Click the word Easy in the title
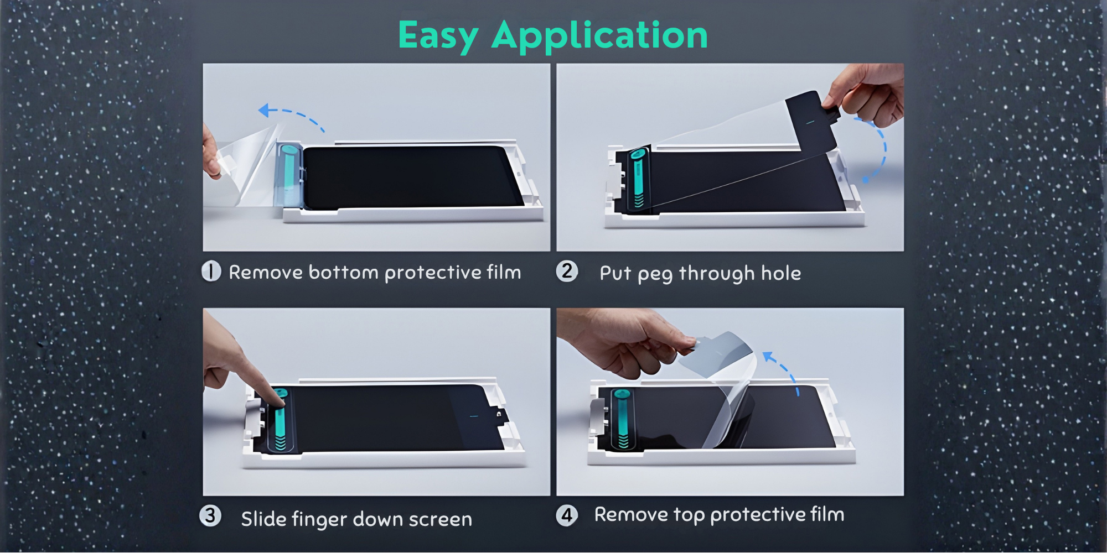point(438,36)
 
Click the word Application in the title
point(600,36)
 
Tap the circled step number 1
point(211,272)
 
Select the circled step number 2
point(567,272)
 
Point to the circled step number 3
point(210,516)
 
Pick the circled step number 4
point(567,515)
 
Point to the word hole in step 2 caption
point(781,273)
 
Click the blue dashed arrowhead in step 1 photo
point(265,111)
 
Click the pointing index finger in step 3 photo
point(260,376)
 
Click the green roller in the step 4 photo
point(622,419)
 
